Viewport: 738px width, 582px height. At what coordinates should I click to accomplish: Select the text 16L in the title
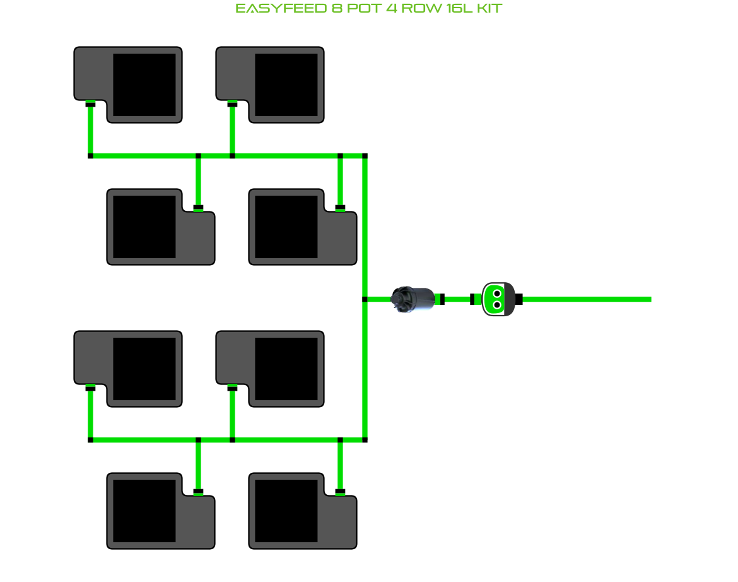click(454, 9)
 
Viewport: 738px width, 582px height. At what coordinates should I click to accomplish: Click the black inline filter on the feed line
click(413, 299)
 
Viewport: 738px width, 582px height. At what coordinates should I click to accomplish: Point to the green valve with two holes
click(497, 299)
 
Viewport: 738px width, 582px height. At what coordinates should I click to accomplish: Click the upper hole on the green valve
click(497, 294)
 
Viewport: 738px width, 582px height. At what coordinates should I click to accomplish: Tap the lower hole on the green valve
click(497, 306)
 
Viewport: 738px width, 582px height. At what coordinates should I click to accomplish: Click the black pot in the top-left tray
click(144, 85)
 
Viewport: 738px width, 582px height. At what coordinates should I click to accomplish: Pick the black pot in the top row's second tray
click(286, 85)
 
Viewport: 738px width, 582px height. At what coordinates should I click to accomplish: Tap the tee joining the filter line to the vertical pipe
click(365, 299)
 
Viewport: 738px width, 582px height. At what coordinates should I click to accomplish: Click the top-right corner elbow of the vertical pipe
click(365, 155)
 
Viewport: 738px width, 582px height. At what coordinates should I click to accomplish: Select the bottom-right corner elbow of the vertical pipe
click(365, 439)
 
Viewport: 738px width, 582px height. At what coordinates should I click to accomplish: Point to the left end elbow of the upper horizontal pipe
click(90, 155)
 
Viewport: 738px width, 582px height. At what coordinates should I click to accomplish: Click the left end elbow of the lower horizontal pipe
click(90, 439)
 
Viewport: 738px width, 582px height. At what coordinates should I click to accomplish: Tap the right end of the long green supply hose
click(648, 299)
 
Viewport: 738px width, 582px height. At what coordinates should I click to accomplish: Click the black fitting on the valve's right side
click(518, 299)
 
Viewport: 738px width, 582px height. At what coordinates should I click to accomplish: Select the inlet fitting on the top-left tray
click(90, 104)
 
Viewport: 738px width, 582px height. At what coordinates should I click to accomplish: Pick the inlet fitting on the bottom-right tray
click(340, 491)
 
